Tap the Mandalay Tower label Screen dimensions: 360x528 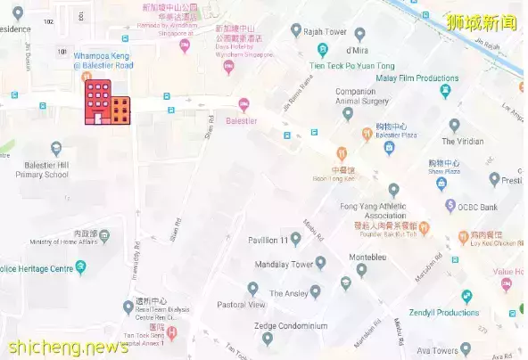(283, 264)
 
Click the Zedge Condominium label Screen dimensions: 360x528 (289, 326)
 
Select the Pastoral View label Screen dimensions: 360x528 (241, 305)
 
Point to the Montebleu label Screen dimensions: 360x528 (365, 256)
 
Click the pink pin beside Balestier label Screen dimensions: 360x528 (243, 104)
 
